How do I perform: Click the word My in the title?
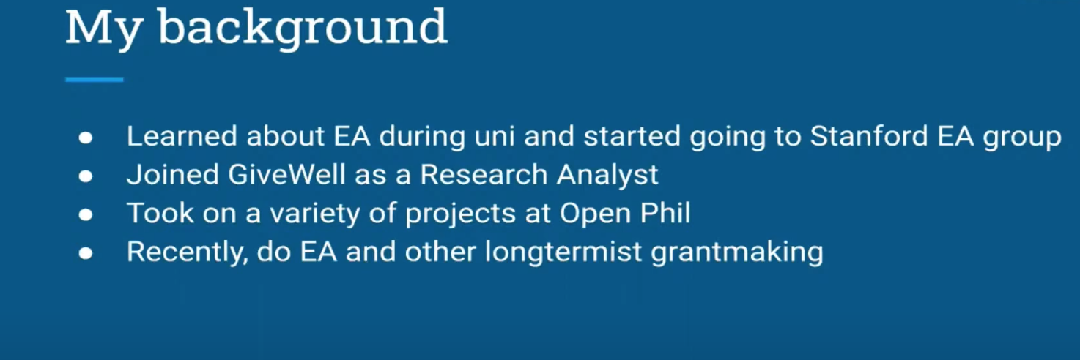coord(103,29)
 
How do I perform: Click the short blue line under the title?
coord(95,80)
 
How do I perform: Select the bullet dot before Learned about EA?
coord(86,138)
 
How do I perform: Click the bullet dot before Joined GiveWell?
coord(86,176)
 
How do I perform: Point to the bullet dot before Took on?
coord(86,214)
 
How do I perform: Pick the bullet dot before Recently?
coord(86,253)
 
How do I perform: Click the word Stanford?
coord(869,135)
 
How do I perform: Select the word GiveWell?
coord(287,174)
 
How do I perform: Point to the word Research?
coord(484,174)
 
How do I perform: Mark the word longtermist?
coord(563,251)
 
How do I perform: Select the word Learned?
coord(182,135)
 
